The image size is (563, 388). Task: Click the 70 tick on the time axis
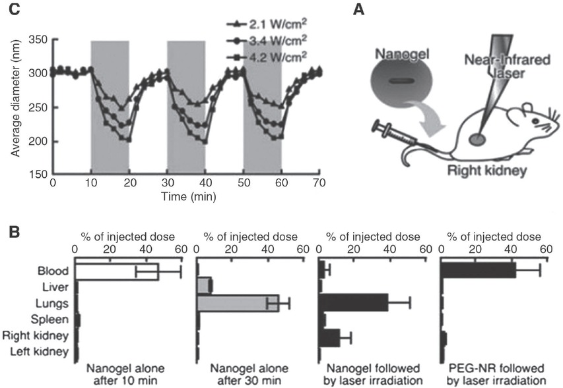tap(319, 183)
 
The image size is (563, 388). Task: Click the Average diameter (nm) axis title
tap(15, 107)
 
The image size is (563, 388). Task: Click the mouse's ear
tap(530, 108)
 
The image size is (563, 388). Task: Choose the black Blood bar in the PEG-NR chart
tap(478, 270)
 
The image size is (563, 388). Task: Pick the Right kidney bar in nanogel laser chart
tap(329, 337)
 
